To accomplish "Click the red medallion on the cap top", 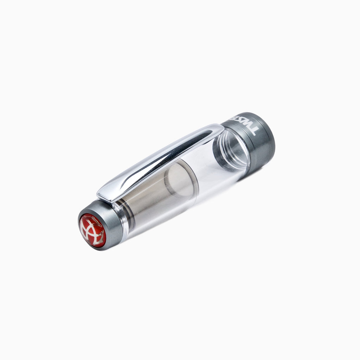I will [92, 231].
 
